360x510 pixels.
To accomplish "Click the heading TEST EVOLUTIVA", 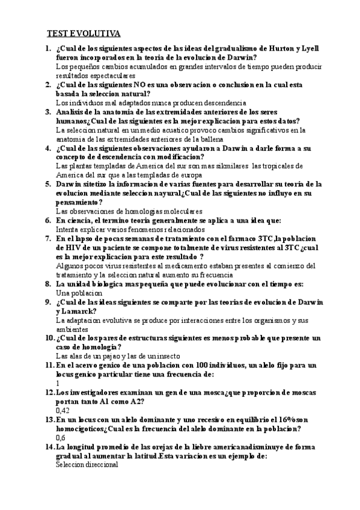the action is coord(84,33).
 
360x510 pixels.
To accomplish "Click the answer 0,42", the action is coord(62,410).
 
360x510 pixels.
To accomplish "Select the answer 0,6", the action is coord(60,438).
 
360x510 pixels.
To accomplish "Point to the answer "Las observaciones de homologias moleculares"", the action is coord(129,211).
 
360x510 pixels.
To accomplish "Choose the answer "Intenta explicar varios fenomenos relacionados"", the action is coord(130,229).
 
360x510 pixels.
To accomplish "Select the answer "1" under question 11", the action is coord(57,383).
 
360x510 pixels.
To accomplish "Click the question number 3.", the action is coord(49,112).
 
